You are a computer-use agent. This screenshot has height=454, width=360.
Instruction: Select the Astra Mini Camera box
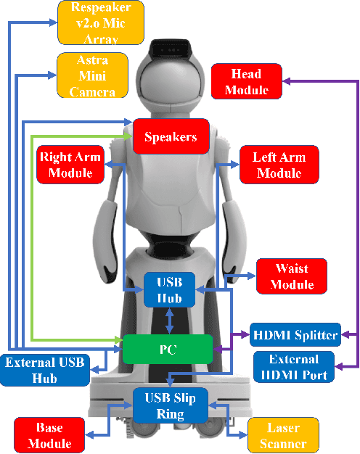click(x=92, y=74)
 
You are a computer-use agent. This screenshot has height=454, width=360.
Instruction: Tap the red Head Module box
click(x=247, y=81)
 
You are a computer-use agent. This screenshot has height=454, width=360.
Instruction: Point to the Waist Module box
click(x=292, y=276)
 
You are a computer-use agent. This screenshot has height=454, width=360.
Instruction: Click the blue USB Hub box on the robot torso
click(x=168, y=290)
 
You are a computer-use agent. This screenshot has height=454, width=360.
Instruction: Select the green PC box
click(x=167, y=350)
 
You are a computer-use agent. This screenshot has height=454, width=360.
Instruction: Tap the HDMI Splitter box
click(x=294, y=335)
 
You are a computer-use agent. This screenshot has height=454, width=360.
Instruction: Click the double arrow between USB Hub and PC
click(x=169, y=320)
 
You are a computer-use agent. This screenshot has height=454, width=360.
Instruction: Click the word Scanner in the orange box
click(x=283, y=443)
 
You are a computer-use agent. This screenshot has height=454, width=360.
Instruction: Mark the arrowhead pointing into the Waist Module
click(x=251, y=276)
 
